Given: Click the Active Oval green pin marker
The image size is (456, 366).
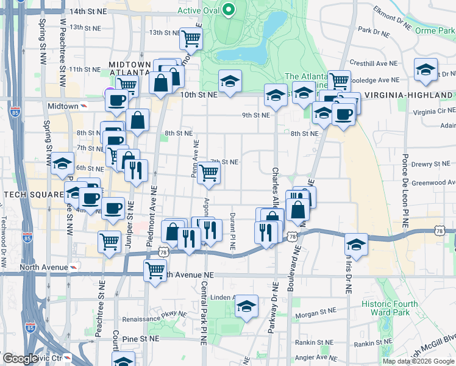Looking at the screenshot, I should (229, 10).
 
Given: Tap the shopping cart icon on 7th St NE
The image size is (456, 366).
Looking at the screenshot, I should (209, 173).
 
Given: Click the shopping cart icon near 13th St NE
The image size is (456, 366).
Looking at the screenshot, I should (191, 38).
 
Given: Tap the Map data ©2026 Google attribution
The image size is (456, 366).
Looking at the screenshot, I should (418, 361).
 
